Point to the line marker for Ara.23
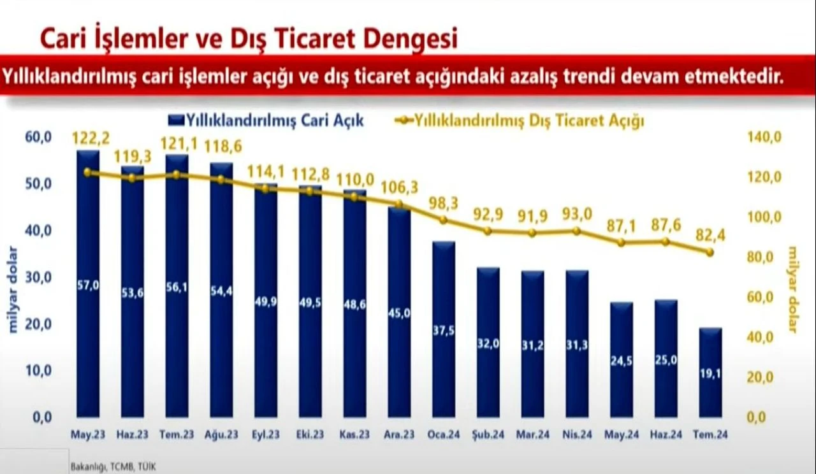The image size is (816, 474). click(x=399, y=205)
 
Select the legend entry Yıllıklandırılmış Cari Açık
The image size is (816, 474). click(x=266, y=120)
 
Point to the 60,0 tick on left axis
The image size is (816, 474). click(x=38, y=137)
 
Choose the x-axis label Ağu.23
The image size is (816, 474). click(x=221, y=435)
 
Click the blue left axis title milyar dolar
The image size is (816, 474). click(x=13, y=289)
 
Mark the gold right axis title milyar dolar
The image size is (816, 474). click(x=792, y=289)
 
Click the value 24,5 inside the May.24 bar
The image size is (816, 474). click(x=621, y=361)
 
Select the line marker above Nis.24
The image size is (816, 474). click(x=577, y=231)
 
